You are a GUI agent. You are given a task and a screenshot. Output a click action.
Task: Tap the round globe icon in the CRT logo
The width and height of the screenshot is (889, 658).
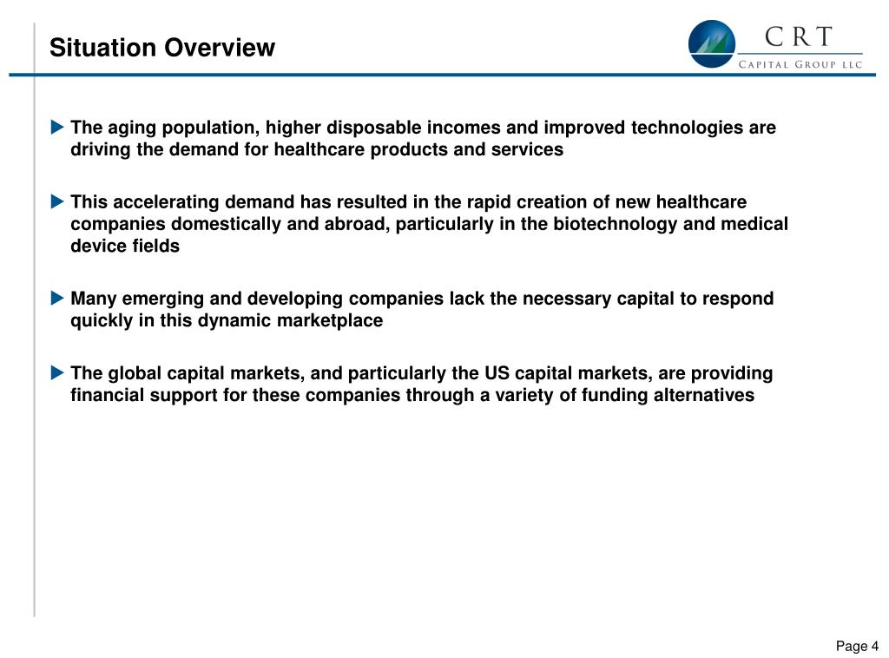click(711, 44)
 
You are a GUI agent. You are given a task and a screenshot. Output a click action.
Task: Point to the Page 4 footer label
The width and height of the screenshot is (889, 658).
click(857, 646)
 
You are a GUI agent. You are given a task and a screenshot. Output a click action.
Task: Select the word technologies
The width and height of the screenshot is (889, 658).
click(685, 128)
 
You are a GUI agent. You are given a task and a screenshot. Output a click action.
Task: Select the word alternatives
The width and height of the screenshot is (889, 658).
click(701, 395)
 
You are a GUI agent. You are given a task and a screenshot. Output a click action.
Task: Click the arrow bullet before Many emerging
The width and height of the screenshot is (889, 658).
click(57, 299)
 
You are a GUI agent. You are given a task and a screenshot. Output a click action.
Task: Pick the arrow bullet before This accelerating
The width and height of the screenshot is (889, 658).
click(57, 202)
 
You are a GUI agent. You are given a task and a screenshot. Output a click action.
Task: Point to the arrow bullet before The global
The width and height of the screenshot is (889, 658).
click(57, 373)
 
